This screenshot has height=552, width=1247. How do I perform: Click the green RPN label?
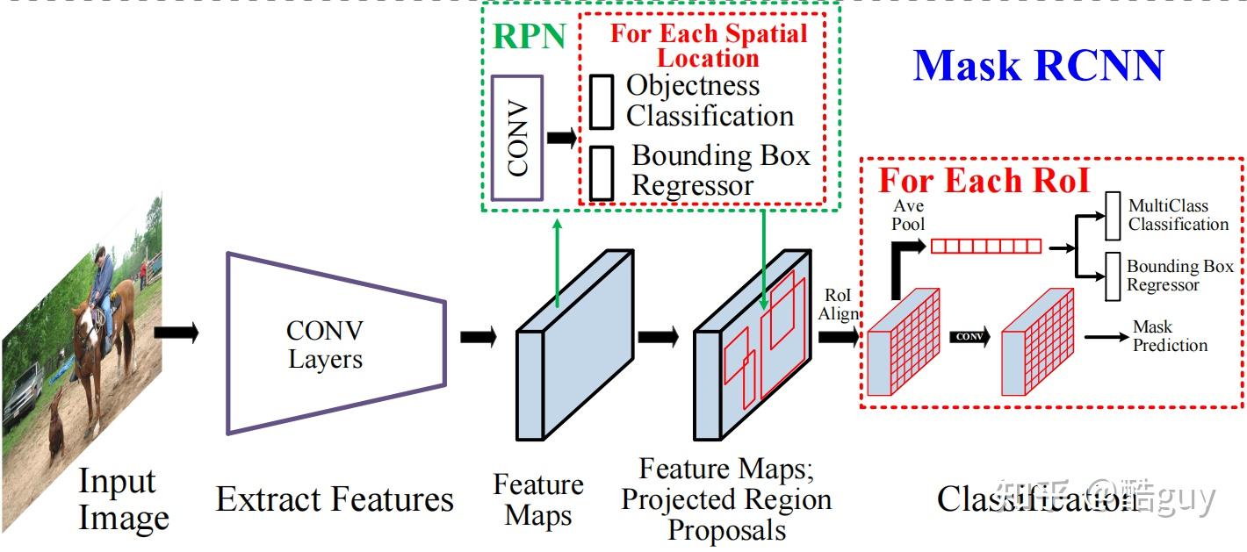528,37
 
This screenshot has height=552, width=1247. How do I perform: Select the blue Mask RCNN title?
1038,66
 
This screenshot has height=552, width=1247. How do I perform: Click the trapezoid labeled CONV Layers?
325,343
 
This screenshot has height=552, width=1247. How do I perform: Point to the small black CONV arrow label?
969,337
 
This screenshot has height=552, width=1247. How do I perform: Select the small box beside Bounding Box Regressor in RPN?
602,173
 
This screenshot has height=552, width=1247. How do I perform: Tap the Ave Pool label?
908,215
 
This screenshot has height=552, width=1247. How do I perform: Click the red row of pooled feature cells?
985,247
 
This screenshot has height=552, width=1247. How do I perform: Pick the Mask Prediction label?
1169,336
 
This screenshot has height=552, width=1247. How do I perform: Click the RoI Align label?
840,305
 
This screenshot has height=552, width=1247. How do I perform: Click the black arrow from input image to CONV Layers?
177,333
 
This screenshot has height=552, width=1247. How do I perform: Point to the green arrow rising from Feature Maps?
557,263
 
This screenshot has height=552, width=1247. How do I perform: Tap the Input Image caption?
122,498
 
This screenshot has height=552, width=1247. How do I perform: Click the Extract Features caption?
335,499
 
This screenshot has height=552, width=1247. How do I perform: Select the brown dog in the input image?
56,421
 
